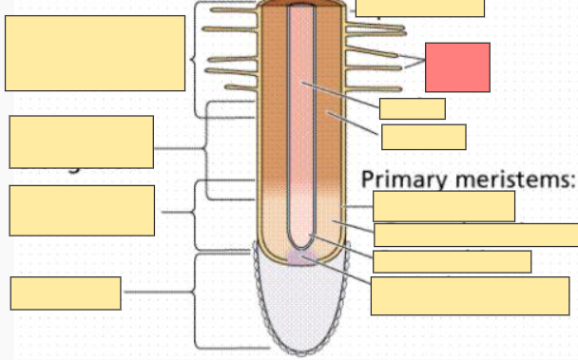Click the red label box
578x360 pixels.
coord(457,66)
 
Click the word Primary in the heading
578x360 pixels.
coord(399,180)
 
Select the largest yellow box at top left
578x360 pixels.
coord(95,53)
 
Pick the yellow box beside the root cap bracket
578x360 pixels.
coord(66,294)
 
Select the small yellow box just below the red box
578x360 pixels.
coord(412,108)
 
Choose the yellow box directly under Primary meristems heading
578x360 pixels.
coord(444,206)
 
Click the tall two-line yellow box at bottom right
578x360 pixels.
coord(470,295)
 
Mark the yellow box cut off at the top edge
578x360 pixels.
coord(419,8)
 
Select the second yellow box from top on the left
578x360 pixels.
coord(81,142)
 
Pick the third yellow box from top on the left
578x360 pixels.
coord(81,211)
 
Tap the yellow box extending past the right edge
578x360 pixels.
coord(475,235)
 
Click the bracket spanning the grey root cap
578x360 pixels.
coord(197,301)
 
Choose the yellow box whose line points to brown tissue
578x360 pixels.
coord(423,137)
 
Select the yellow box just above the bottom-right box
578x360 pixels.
coord(452,261)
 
